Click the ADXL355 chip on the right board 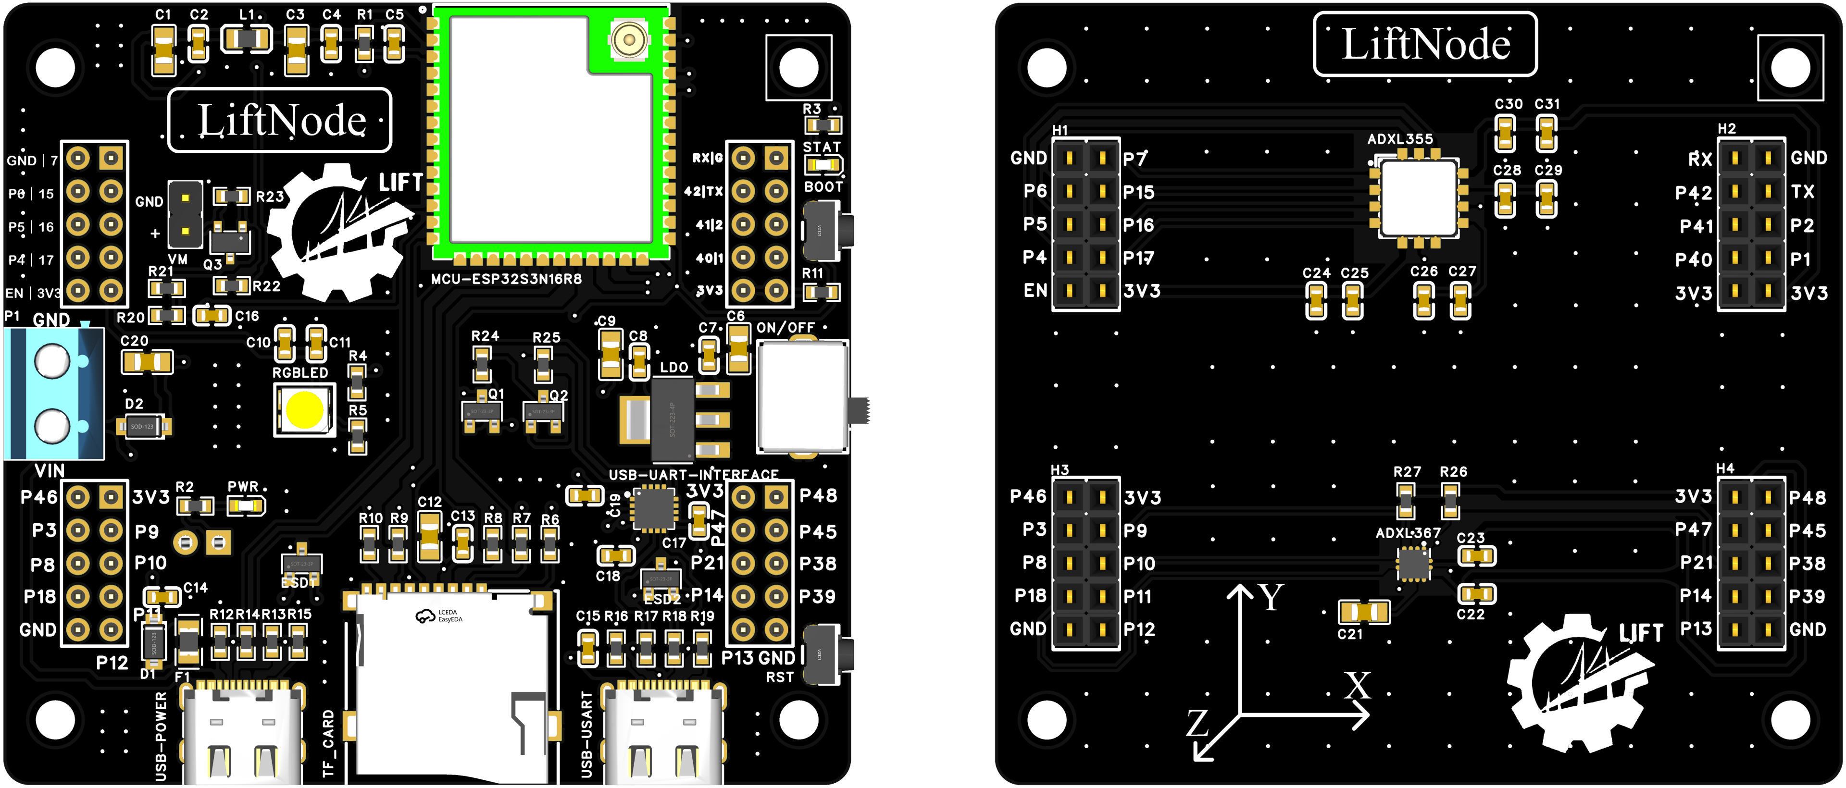tap(1418, 197)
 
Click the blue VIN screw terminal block tap(54, 394)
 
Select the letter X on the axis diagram tap(1357, 686)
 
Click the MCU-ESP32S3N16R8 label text tap(506, 279)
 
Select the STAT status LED tap(823, 165)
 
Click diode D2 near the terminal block tap(143, 426)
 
